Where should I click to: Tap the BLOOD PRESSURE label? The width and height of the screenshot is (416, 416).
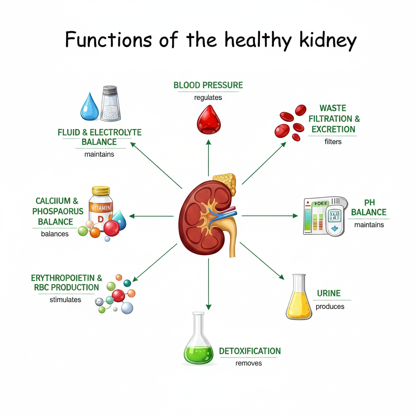[208, 85]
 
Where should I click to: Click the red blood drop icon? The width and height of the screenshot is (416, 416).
[208, 120]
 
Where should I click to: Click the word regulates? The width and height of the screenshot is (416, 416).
[208, 97]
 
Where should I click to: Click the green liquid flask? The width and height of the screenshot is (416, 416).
[199, 340]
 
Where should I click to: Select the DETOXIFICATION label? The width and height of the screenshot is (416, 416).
[250, 351]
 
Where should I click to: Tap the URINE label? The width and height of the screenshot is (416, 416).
[329, 293]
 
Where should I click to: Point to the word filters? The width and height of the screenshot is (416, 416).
[333, 142]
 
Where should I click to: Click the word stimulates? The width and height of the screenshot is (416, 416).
[65, 300]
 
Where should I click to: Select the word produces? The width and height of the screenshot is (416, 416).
[330, 307]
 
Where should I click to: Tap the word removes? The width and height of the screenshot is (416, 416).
[249, 363]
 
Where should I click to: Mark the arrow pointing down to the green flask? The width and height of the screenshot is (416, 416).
[208, 284]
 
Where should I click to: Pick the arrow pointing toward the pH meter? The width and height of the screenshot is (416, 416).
[270, 216]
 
